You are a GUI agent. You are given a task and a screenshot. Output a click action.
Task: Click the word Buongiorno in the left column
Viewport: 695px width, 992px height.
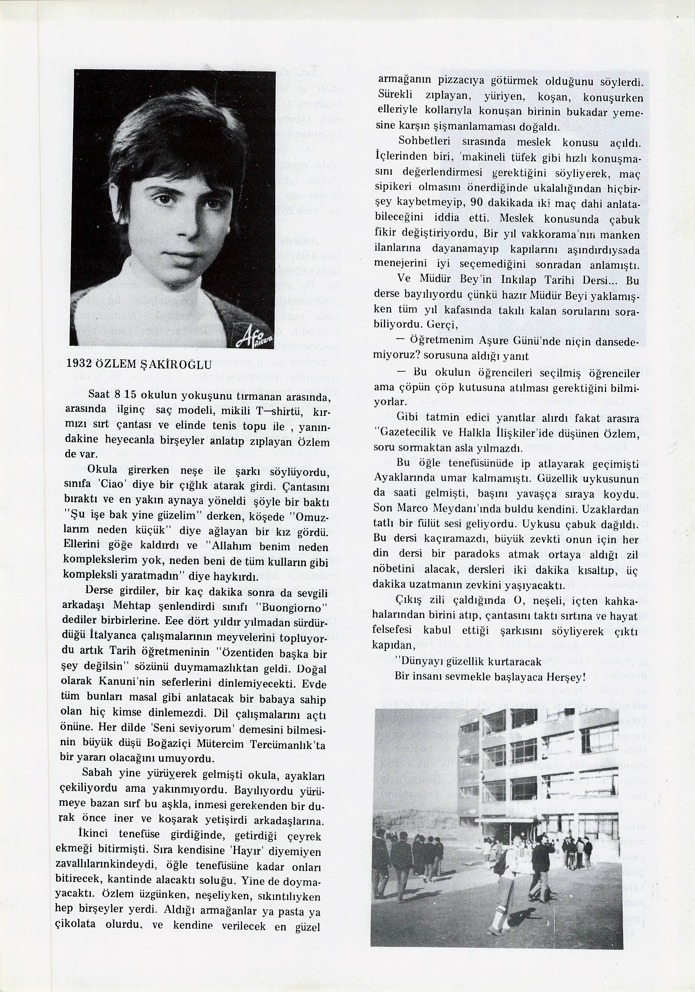297,608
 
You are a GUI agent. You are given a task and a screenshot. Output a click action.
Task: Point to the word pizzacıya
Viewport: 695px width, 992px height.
463,81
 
